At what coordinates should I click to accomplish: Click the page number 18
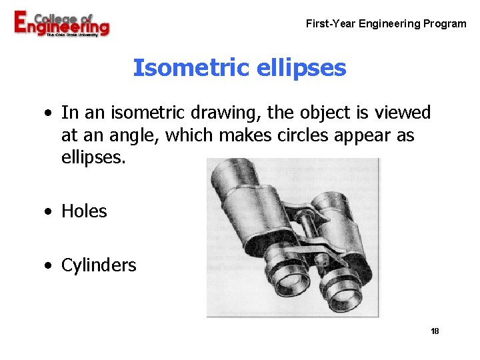pos(435,331)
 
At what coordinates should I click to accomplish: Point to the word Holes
pos(84,211)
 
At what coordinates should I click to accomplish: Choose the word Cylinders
pos(99,265)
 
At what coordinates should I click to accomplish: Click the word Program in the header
pos(445,24)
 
